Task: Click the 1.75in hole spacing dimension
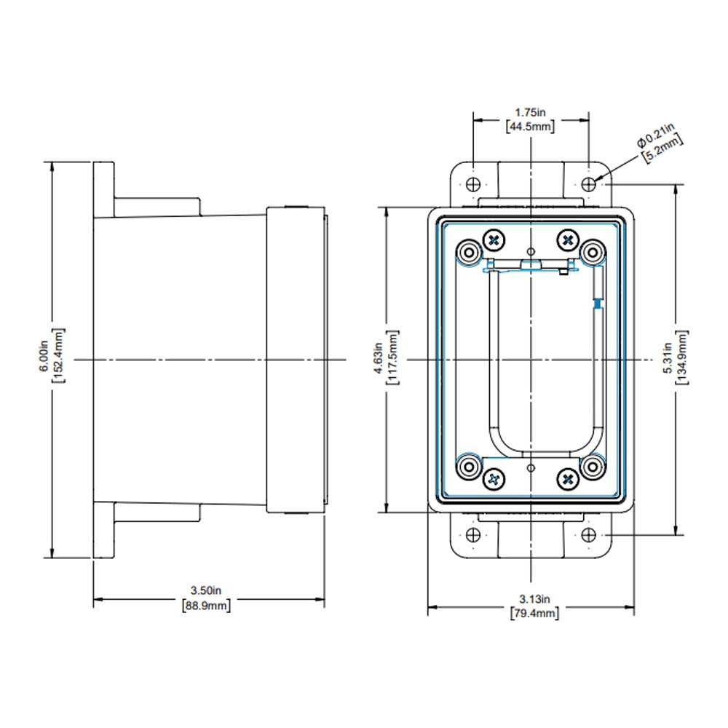tap(530, 113)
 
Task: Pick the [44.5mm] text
tap(530, 127)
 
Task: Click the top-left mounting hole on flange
tap(473, 183)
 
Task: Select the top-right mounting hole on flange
tap(589, 183)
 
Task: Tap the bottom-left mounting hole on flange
tap(473, 535)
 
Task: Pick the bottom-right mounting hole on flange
tap(589, 535)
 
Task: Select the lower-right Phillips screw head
tap(567, 478)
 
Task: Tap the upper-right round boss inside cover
tap(593, 253)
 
